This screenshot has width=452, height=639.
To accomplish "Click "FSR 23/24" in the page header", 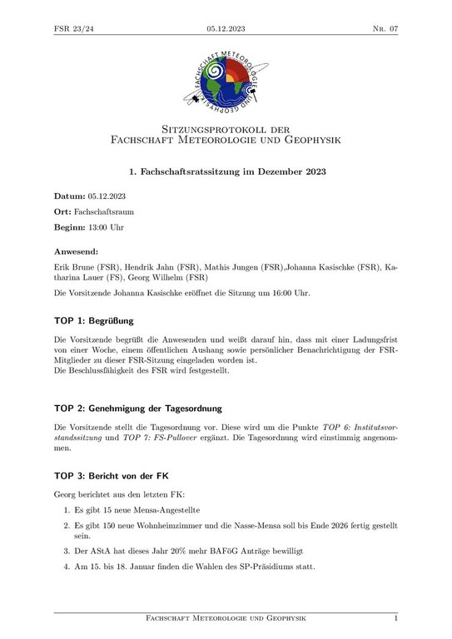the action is pos(74,28).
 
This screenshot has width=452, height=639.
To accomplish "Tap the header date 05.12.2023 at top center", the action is pos(226,28).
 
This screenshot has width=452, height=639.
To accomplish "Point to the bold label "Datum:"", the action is pos(71,196).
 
